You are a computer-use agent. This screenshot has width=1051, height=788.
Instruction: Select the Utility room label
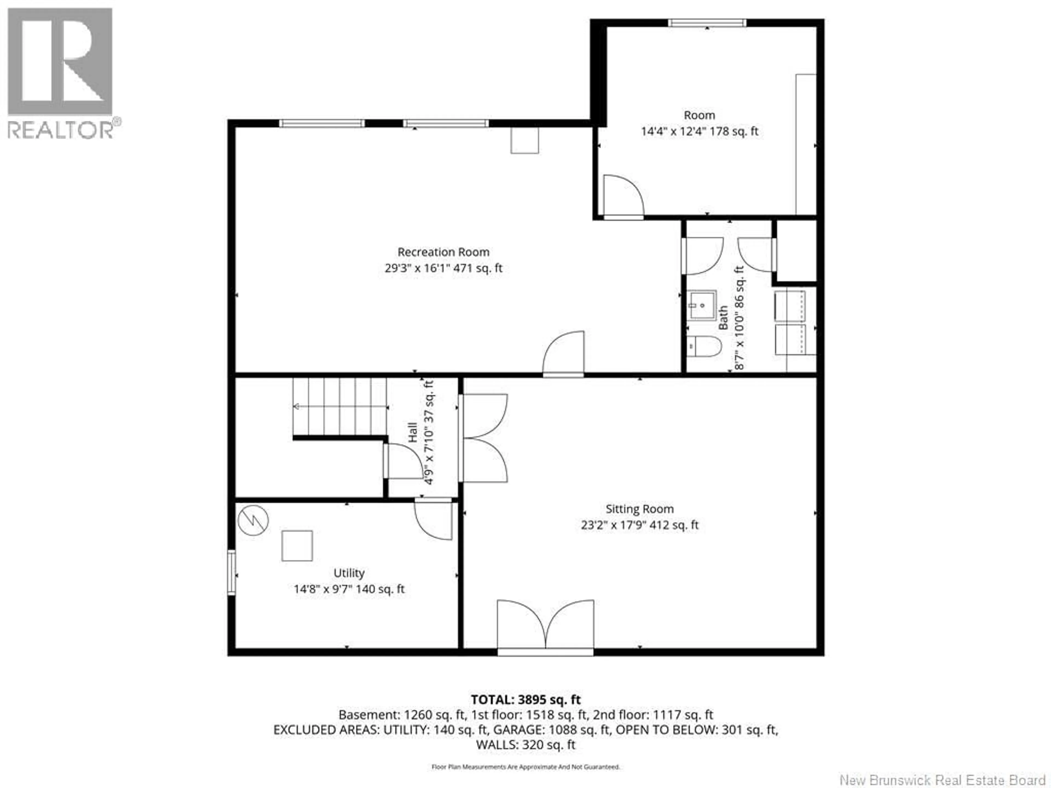pyautogui.click(x=349, y=573)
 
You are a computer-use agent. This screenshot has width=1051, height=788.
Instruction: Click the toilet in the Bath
pyautogui.click(x=704, y=346)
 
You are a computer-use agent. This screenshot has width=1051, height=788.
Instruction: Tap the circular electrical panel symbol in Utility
pyautogui.click(x=253, y=521)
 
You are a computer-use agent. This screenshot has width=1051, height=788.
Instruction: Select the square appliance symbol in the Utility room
pyautogui.click(x=297, y=546)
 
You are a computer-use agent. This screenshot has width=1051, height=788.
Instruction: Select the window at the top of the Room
pyautogui.click(x=707, y=23)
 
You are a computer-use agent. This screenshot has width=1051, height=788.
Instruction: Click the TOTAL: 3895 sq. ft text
pyautogui.click(x=525, y=700)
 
